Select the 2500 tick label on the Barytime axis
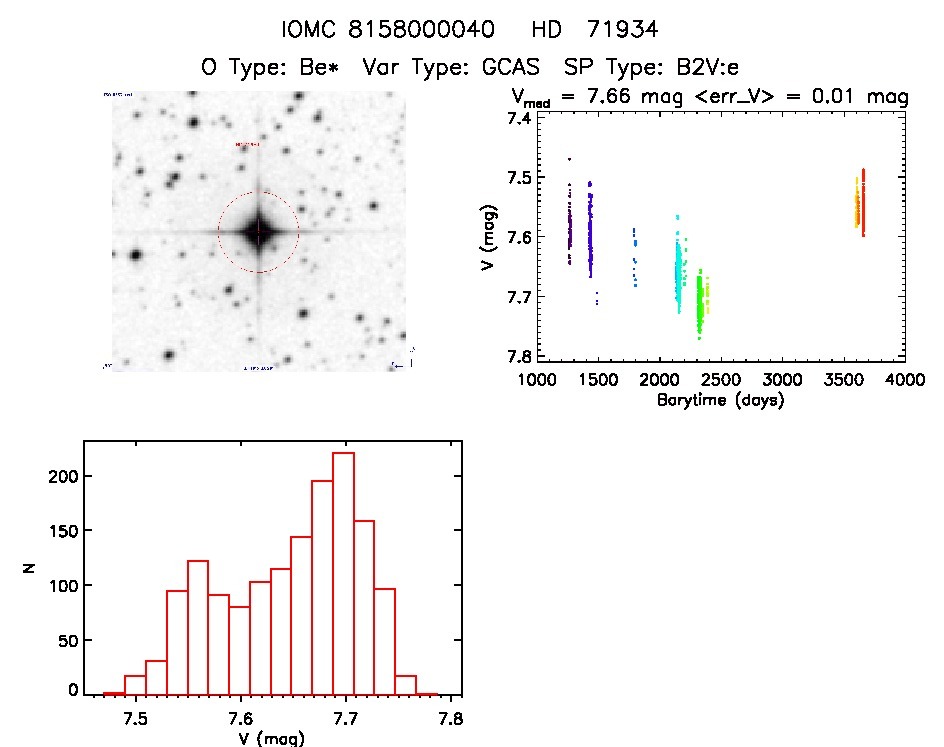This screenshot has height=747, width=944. pyautogui.click(x=720, y=381)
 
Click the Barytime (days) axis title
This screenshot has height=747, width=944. pyautogui.click(x=720, y=400)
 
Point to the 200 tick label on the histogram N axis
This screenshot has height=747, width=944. pyautogui.click(x=64, y=476)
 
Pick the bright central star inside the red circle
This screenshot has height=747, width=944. pyautogui.click(x=259, y=232)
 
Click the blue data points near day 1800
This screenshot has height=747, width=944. pyautogui.click(x=634, y=258)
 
